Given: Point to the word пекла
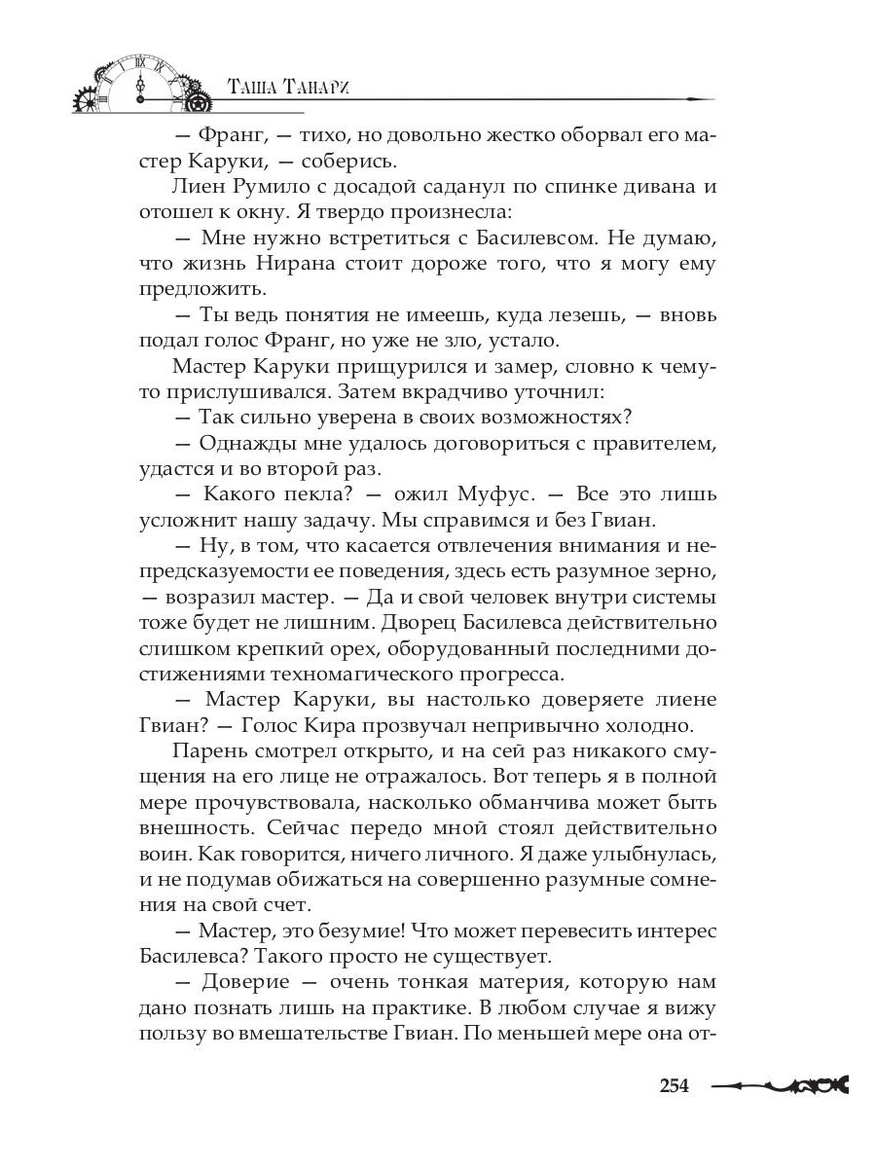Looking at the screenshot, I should click(316, 494).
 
